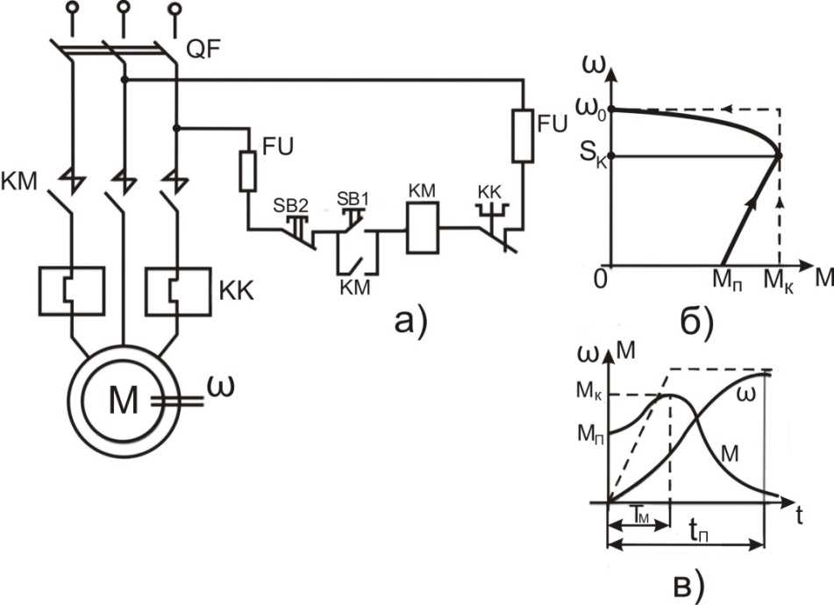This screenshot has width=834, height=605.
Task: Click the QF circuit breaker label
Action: click(203, 50)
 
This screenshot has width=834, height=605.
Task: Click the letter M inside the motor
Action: click(124, 400)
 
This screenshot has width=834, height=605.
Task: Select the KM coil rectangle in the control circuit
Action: click(423, 228)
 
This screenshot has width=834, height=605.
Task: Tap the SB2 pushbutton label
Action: click(290, 206)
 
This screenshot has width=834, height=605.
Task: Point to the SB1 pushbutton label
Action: click(353, 199)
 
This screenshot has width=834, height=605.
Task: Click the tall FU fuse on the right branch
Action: click(523, 136)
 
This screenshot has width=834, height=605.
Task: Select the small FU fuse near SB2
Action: click(248, 171)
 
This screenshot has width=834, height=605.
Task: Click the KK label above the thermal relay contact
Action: click(489, 192)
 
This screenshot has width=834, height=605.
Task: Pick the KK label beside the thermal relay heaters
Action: click(237, 291)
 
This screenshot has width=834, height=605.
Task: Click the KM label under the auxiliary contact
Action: click(355, 288)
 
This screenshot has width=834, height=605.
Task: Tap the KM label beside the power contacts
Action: click(19, 181)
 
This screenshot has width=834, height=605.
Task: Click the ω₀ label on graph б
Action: click(591, 109)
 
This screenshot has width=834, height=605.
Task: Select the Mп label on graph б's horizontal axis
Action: click(727, 281)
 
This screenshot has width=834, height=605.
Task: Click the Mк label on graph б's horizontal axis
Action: click(778, 281)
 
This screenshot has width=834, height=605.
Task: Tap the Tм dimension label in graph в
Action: click(640, 514)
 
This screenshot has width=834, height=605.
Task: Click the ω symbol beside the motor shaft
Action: click(220, 388)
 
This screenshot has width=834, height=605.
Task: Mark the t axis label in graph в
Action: click(799, 516)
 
